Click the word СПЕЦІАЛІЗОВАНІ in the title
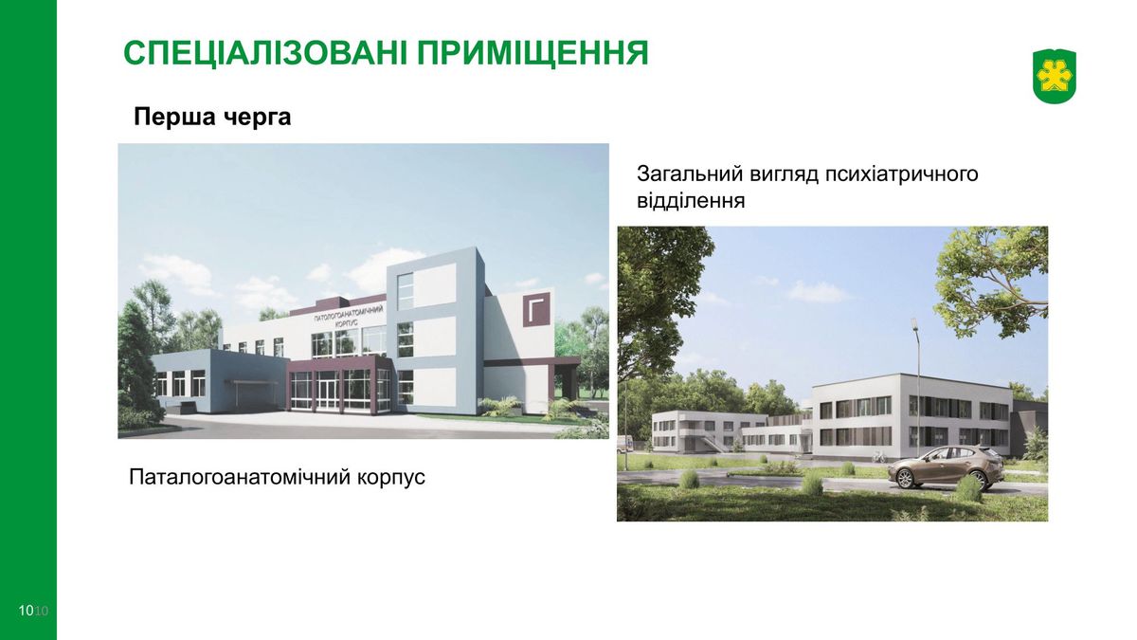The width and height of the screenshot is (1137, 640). point(265,53)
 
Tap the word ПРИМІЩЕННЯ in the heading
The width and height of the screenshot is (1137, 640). point(532,53)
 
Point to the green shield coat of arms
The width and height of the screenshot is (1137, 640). point(1055,77)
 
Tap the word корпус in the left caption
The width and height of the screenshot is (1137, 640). point(390,479)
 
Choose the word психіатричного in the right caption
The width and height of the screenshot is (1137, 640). point(901,174)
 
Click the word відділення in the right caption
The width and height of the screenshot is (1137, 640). point(691,200)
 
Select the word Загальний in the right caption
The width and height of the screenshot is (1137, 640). point(688,174)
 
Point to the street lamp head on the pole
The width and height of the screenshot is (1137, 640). point(913,323)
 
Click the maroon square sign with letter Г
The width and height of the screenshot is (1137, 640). point(536,309)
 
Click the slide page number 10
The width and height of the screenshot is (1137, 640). point(26,610)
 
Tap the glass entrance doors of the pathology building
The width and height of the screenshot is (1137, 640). point(328,390)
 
